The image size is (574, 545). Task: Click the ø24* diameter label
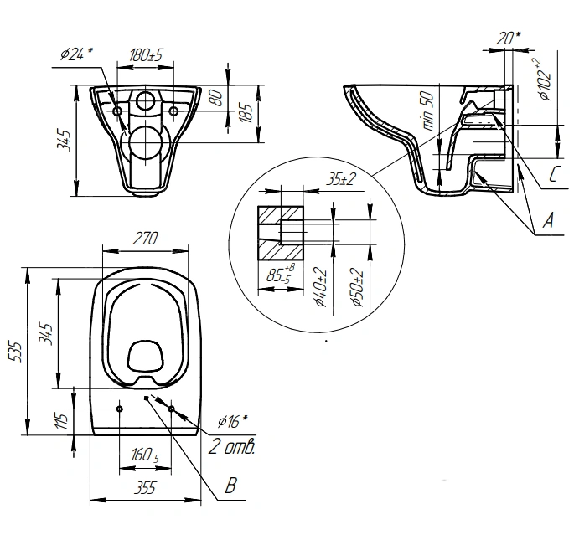point(76,54)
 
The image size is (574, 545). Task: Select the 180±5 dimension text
point(146,55)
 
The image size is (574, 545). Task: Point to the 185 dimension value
point(247,113)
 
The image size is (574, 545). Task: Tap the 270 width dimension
point(145,239)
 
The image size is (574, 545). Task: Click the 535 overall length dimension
point(16,352)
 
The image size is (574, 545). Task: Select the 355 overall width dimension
point(145,487)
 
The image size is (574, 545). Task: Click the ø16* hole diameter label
point(232,422)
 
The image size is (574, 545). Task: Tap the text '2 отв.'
point(231,446)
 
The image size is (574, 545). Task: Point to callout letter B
point(231,486)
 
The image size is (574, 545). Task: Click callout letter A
point(548,220)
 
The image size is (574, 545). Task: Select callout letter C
point(556,174)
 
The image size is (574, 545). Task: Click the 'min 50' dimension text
point(428,111)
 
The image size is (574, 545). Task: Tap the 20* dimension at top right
point(509,39)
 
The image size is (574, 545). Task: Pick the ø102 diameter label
point(544,79)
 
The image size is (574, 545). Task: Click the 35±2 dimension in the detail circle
point(341,180)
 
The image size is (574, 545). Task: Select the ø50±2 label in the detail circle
point(357,287)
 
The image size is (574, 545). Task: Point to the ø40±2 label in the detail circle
point(321,287)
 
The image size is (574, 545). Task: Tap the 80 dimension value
point(218,98)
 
